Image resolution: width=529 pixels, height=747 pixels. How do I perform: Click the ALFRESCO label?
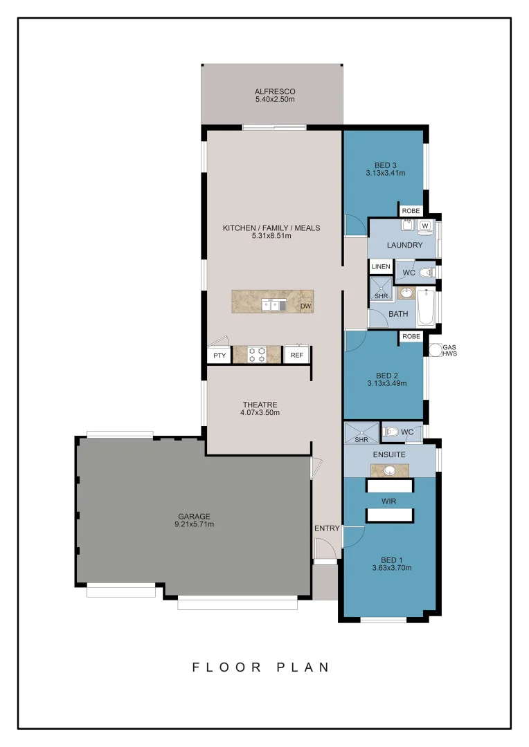(x=275, y=91)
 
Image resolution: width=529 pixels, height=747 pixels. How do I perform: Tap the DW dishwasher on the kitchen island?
(x=305, y=305)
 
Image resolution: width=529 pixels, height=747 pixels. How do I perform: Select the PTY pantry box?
(x=219, y=356)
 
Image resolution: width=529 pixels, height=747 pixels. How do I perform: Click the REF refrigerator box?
(x=296, y=356)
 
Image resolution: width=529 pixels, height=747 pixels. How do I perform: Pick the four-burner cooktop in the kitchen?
(x=257, y=355)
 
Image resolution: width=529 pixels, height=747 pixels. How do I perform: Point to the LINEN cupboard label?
(x=381, y=266)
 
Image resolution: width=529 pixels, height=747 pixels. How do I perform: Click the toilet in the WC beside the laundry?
(x=425, y=273)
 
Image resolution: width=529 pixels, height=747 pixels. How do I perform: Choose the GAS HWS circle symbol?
(x=436, y=350)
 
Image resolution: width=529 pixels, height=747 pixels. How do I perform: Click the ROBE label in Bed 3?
(x=411, y=210)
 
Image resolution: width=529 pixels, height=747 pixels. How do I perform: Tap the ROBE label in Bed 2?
(x=411, y=336)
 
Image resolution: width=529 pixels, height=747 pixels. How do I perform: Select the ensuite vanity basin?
(x=390, y=471)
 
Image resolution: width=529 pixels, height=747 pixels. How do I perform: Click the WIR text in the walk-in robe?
(x=389, y=501)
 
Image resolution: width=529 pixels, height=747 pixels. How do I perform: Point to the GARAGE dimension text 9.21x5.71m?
(x=194, y=524)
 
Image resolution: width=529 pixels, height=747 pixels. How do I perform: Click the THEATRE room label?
(x=260, y=405)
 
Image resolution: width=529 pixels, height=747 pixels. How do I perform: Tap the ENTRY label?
(x=327, y=528)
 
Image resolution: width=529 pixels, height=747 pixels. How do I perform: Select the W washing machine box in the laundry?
(x=424, y=225)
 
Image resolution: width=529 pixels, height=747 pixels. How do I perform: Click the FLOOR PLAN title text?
(x=261, y=667)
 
